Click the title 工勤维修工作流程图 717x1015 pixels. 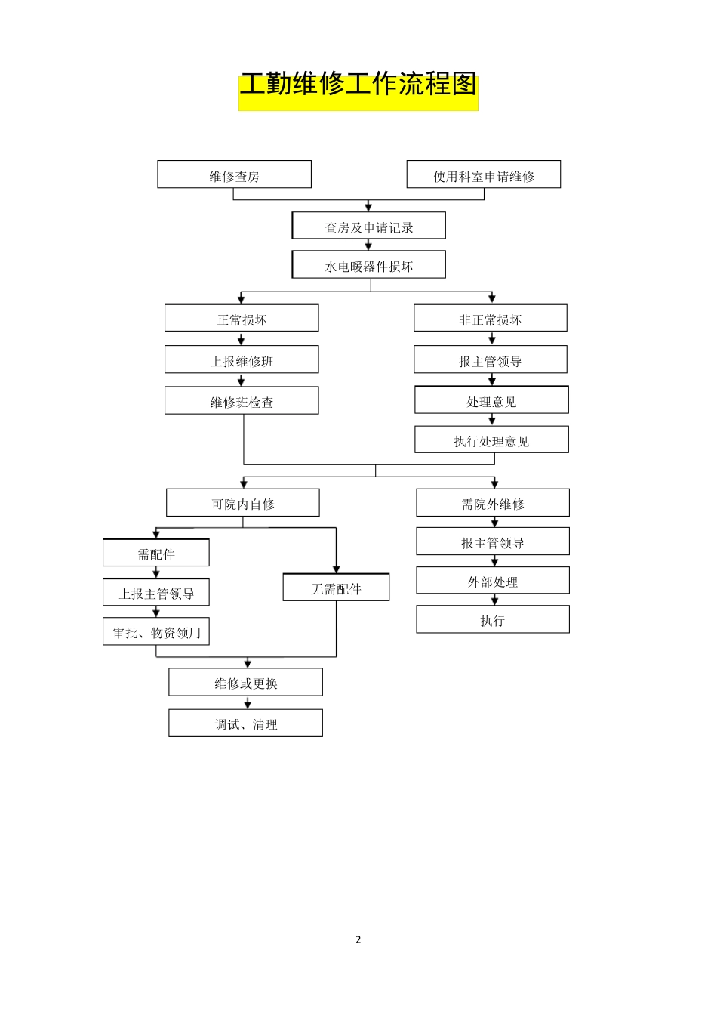(x=358, y=85)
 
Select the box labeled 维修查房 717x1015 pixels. (x=234, y=174)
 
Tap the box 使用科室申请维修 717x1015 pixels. (x=483, y=174)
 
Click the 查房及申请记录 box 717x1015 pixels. (x=369, y=226)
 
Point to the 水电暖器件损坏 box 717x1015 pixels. (x=369, y=265)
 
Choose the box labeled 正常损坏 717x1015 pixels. (x=242, y=318)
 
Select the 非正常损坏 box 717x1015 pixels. (x=491, y=318)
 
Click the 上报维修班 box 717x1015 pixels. (x=242, y=359)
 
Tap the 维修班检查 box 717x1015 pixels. (x=242, y=401)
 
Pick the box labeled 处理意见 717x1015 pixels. (x=491, y=400)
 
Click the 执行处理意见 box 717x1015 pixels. (x=491, y=440)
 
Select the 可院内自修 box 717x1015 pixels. (x=243, y=503)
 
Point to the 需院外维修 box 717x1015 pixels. (x=493, y=503)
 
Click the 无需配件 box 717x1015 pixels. (x=336, y=588)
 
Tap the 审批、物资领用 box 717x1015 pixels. (x=156, y=632)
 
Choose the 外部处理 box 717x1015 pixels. (x=493, y=581)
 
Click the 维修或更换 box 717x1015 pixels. (x=245, y=682)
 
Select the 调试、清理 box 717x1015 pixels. (x=245, y=723)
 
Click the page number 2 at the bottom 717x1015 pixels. (x=358, y=939)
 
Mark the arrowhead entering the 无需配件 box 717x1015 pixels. (x=337, y=569)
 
